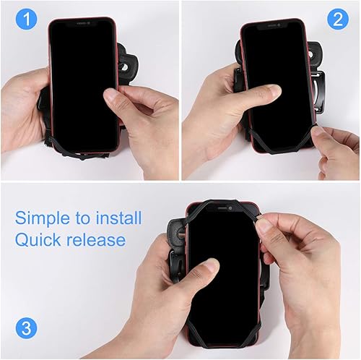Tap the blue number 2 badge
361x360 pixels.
[x=337, y=20]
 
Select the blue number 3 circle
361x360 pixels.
[x=27, y=327]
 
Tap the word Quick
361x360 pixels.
[x=40, y=240]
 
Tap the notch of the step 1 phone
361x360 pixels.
[x=82, y=22]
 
